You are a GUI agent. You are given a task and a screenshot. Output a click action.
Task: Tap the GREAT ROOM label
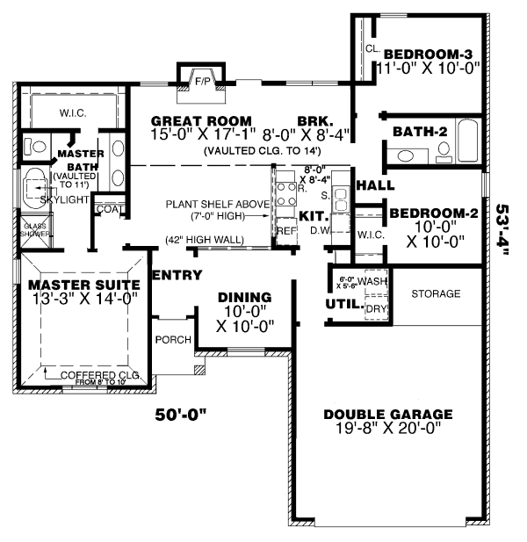pyautogui.click(x=201, y=120)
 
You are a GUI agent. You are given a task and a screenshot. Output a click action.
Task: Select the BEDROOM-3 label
pyautogui.click(x=429, y=53)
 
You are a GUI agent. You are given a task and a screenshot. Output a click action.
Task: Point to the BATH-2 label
pyautogui.click(x=421, y=131)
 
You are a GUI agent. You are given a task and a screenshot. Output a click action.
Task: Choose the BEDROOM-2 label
pyautogui.click(x=434, y=213)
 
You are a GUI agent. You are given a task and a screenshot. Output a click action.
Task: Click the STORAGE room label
pyautogui.click(x=436, y=293)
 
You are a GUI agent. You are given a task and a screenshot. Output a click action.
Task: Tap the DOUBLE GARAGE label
pyautogui.click(x=387, y=415)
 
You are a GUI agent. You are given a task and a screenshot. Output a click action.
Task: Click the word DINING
pyautogui.click(x=244, y=298)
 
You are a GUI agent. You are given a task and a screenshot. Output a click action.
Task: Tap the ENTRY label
pyautogui.click(x=177, y=276)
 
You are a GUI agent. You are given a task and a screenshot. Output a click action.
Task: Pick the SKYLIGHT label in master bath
pyautogui.click(x=63, y=200)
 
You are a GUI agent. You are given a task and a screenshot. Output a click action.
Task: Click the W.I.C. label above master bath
pyautogui.click(x=72, y=112)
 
